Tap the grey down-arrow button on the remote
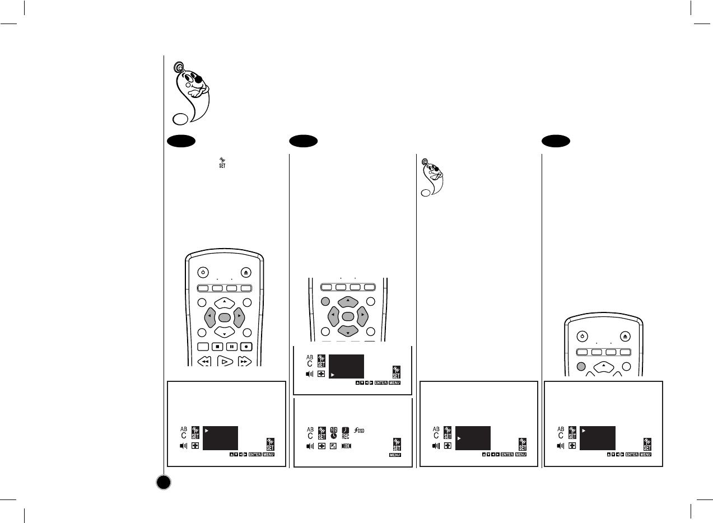pyautogui.click(x=348, y=331)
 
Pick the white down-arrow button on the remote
pyautogui.click(x=224, y=333)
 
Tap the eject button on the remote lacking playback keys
pyautogui.click(x=626, y=337)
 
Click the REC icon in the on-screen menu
pyautogui.click(x=346, y=433)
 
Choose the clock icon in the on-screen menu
pyautogui.click(x=334, y=433)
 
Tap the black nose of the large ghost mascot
pyautogui.click(x=198, y=80)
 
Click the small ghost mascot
pyautogui.click(x=430, y=178)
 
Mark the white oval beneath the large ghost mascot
pyautogui.click(x=180, y=119)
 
